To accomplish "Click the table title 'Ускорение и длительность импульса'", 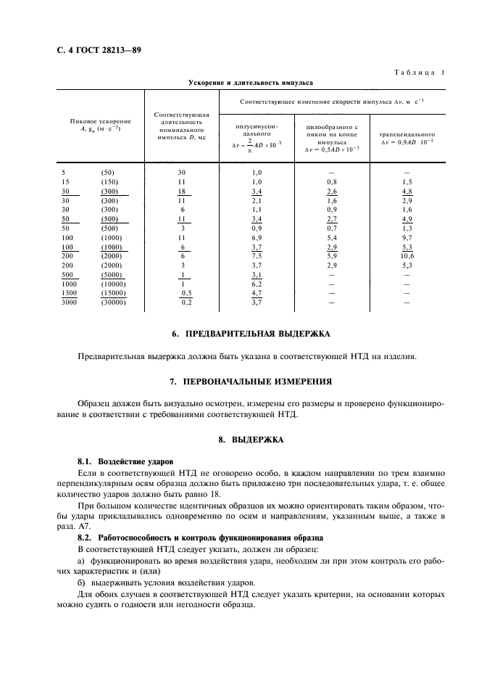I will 251,82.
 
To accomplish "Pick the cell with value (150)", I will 111,181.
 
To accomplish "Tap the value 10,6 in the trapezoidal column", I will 407,256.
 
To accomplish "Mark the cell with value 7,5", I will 255,256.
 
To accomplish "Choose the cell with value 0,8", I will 332,181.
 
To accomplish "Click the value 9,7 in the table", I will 407,237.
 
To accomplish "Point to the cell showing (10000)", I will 113,284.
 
